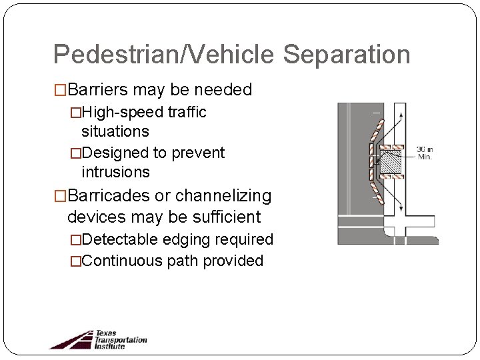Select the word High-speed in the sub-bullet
(x=118, y=113)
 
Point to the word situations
(x=115, y=131)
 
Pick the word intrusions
(x=116, y=172)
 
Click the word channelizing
(x=230, y=196)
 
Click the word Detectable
(x=118, y=239)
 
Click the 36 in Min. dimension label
(x=424, y=153)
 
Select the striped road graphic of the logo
(x=70, y=339)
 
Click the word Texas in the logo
(x=105, y=333)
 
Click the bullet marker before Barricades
(x=60, y=196)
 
